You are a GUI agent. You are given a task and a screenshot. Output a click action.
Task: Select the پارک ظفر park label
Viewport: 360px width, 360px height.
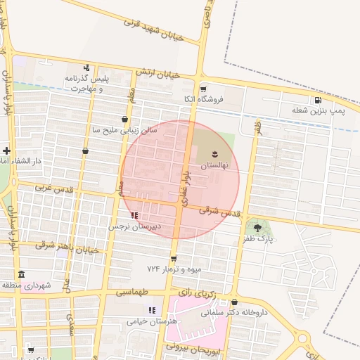pyautogui.click(x=259, y=239)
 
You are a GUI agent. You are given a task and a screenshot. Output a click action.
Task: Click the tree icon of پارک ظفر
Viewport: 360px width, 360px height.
pyautogui.click(x=257, y=227)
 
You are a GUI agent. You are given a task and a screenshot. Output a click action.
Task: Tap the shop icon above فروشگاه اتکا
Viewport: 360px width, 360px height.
pyautogui.click(x=203, y=89)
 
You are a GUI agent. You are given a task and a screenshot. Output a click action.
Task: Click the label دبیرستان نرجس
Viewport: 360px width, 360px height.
pyautogui.click(x=134, y=227)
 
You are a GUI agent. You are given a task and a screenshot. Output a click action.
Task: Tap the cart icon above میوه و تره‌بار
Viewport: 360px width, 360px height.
pyautogui.click(x=173, y=259)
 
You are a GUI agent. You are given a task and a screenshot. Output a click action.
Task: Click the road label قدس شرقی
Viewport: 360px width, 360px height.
pyautogui.click(x=220, y=210)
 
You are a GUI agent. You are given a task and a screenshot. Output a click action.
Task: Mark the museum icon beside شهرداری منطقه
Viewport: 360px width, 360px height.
pyautogui.click(x=21, y=274)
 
